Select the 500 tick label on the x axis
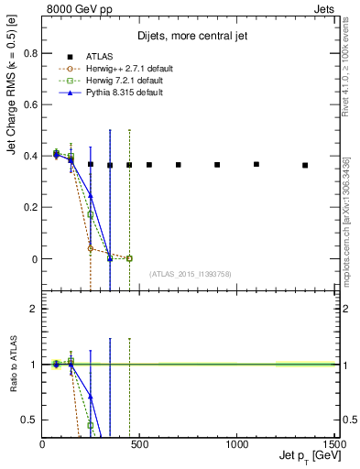point(139,445)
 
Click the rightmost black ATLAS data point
point(305,165)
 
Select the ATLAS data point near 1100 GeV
point(256,164)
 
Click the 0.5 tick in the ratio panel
point(31,420)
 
